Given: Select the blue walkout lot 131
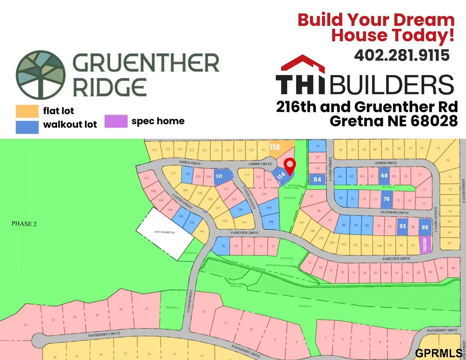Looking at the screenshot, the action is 220,176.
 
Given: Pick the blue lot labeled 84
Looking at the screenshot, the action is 318,179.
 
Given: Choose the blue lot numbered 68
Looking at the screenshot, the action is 384,176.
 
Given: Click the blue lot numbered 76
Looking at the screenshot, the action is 386,199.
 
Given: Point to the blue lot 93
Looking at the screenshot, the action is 402,226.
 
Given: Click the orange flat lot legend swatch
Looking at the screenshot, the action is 27,111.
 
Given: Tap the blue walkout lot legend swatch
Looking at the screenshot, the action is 27,127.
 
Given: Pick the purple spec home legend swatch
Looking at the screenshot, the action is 116,121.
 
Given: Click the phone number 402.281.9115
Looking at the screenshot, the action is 402,55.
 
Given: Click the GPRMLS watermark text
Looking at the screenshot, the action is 438,353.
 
